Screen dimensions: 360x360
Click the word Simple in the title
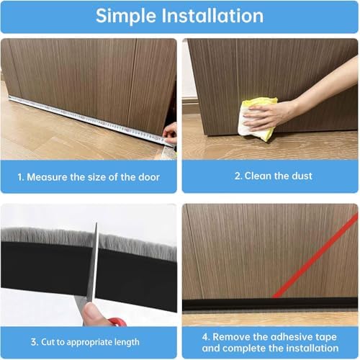129,15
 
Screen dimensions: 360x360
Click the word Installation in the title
213,15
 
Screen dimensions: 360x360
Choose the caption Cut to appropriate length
88,342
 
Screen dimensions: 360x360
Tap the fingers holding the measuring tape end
170,131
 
